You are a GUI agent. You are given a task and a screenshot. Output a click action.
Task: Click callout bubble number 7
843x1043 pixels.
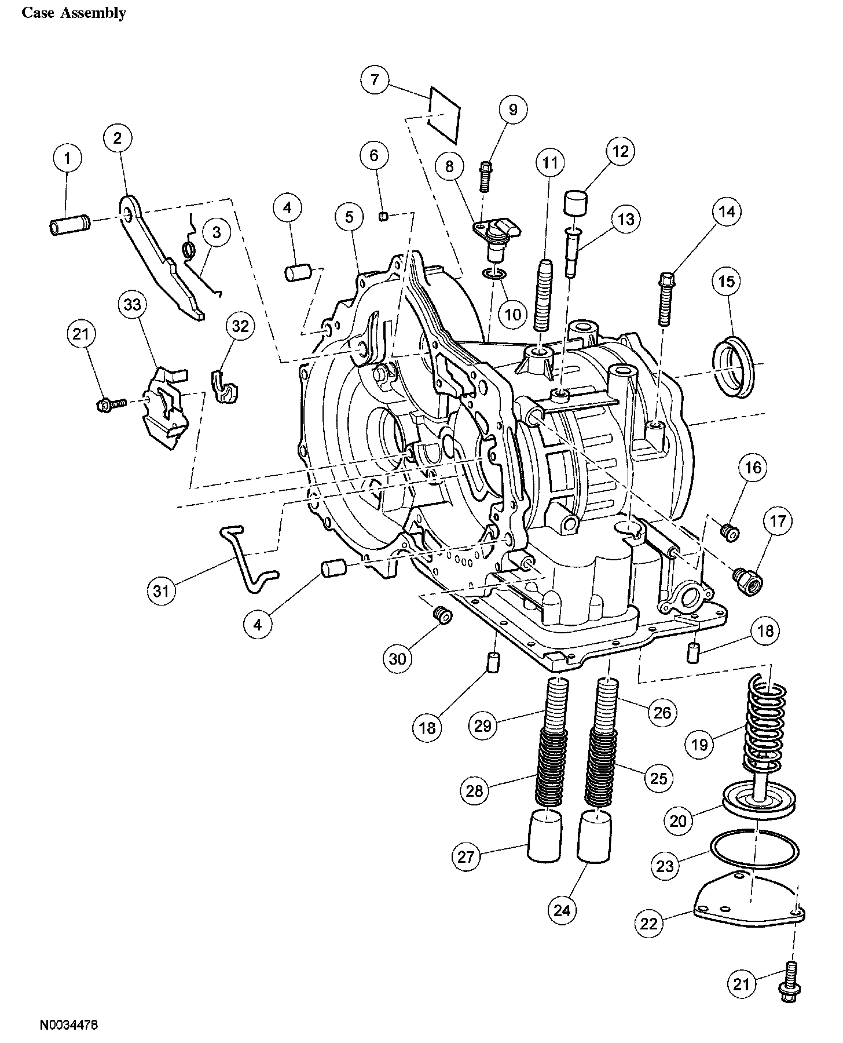tap(375, 79)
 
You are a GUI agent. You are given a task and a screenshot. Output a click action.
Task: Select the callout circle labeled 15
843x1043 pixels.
tap(727, 282)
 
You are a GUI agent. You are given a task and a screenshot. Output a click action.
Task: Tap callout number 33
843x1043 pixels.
tap(133, 304)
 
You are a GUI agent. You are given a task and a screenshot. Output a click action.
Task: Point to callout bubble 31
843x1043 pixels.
tap(160, 591)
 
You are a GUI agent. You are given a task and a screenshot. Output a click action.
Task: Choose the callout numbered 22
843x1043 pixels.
tap(649, 923)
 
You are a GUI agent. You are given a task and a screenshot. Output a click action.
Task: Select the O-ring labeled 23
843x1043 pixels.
tap(754, 851)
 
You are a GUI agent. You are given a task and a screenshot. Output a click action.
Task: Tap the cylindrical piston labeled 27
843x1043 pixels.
tap(545, 837)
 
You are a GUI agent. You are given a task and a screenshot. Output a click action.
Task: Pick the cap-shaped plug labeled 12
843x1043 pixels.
tap(575, 205)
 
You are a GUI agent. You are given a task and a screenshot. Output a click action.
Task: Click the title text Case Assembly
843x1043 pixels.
tap(74, 13)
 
